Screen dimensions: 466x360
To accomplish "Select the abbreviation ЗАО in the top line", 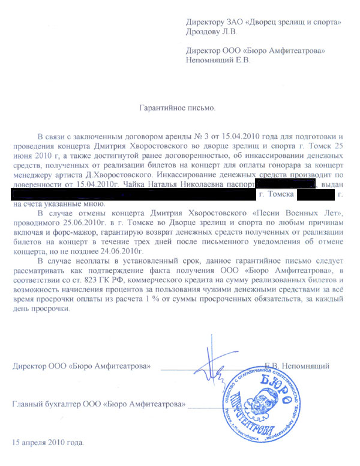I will [x=236, y=22].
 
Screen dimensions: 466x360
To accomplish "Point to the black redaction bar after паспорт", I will [x=285, y=184].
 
